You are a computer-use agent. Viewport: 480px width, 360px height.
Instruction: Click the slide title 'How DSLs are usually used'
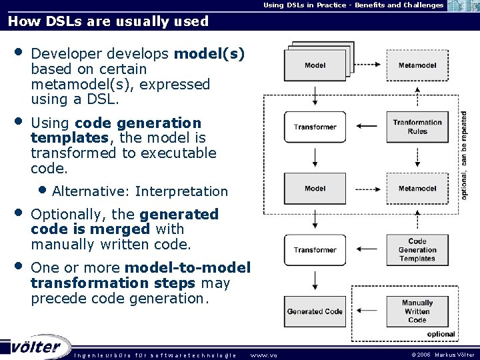[x=108, y=21]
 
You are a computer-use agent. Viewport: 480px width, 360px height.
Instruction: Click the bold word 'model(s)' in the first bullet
[x=209, y=53]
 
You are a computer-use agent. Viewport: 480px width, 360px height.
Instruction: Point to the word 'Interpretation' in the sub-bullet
[x=181, y=192]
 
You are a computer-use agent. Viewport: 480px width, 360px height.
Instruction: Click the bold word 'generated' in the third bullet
[x=179, y=215]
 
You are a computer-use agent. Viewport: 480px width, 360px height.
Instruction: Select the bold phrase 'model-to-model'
[x=187, y=268]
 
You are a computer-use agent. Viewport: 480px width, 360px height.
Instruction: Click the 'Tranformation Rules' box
[x=417, y=127]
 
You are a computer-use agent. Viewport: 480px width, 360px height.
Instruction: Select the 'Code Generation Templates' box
[x=417, y=250]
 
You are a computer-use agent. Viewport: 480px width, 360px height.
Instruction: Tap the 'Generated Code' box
[x=315, y=311]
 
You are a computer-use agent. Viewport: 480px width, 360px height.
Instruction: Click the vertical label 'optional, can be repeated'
[x=464, y=155]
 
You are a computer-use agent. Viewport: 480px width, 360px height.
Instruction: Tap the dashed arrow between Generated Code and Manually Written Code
[x=366, y=311]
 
